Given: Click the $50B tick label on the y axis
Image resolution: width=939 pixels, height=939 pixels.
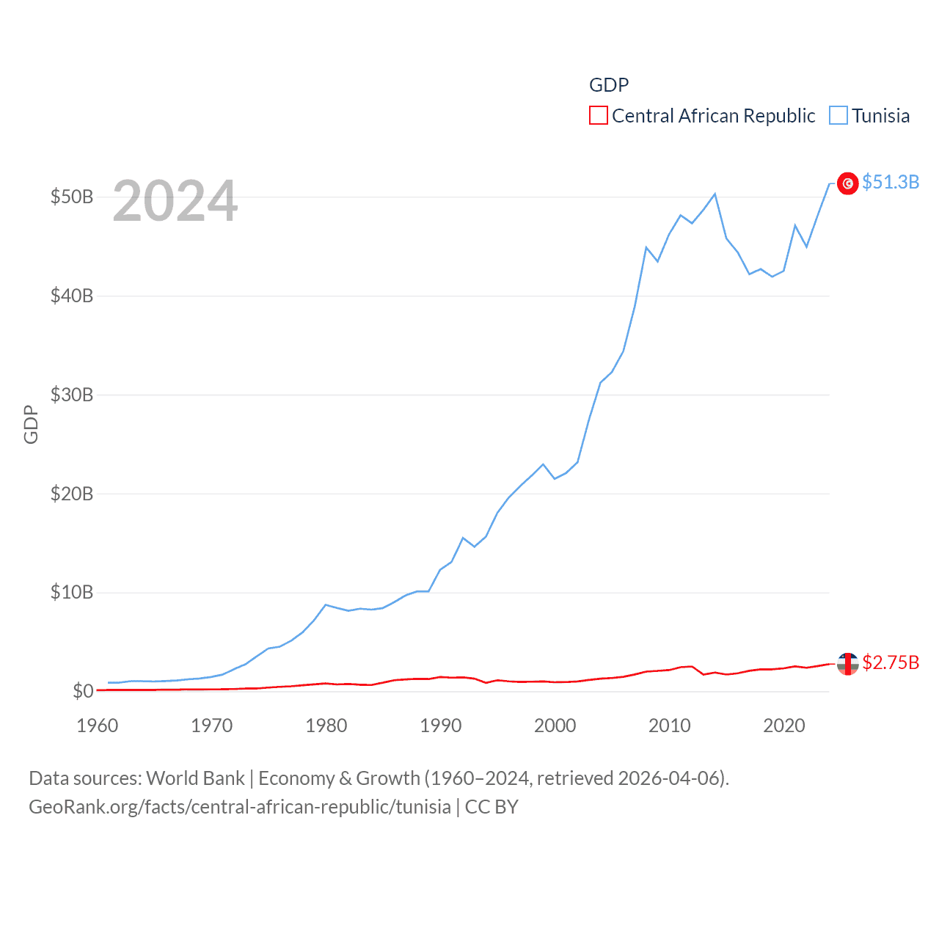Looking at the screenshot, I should (72, 197).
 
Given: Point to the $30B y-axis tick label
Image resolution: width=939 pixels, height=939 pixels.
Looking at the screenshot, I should (72, 395).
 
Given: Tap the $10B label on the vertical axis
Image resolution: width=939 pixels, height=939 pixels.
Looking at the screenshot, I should (72, 592).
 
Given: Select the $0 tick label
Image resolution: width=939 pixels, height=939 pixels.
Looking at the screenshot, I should (83, 691).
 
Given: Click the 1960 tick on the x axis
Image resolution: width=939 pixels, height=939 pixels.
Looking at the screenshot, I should (98, 726).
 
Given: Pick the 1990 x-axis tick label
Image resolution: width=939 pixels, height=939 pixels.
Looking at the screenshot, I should (441, 726).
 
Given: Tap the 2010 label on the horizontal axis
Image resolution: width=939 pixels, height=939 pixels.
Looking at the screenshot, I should (670, 726).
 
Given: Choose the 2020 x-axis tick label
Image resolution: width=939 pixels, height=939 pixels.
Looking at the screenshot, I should (784, 726).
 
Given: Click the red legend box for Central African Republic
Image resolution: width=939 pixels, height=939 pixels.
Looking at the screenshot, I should (599, 116).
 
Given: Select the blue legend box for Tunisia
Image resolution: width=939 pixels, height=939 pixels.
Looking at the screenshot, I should (838, 116).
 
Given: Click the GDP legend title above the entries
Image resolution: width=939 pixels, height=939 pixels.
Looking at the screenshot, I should (609, 85).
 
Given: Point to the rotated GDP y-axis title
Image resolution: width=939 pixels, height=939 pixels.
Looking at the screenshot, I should (31, 424).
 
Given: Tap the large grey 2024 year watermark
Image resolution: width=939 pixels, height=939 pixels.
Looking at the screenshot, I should (175, 201).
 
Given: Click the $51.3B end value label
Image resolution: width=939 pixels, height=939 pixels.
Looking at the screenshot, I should (891, 182).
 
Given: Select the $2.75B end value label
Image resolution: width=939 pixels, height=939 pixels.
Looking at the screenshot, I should (891, 662).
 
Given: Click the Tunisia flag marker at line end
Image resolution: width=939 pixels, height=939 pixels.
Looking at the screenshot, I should (848, 183).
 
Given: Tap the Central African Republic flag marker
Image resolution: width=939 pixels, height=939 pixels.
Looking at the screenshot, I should (848, 664).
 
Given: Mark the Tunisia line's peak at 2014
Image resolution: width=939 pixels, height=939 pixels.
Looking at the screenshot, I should (715, 194).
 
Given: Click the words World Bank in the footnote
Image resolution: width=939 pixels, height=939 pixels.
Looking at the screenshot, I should (196, 778).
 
